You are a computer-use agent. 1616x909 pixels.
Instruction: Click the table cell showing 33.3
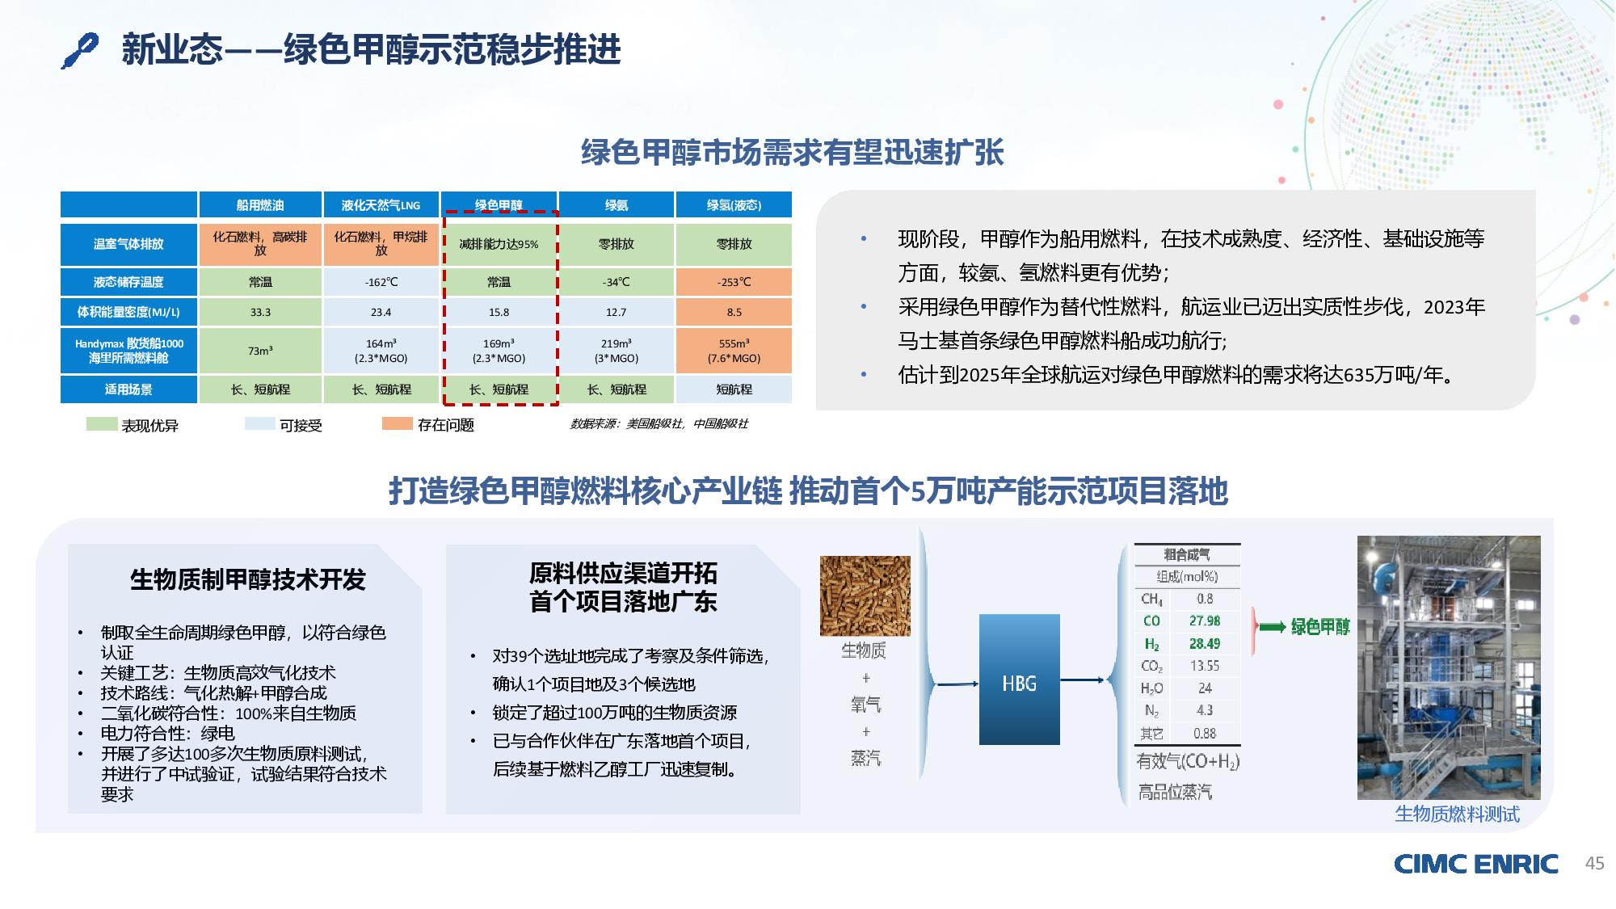[260, 312]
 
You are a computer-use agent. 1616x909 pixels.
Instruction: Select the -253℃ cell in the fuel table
[734, 282]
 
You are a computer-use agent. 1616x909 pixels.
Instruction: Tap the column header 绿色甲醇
[499, 205]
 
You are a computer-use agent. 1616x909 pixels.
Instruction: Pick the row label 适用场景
[128, 389]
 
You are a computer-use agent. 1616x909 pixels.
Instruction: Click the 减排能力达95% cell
[499, 244]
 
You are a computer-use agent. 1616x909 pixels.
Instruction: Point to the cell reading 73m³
[260, 351]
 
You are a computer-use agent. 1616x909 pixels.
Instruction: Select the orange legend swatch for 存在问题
[397, 423]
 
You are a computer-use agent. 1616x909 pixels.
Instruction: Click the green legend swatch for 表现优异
[102, 423]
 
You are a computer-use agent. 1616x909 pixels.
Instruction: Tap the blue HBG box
[1019, 680]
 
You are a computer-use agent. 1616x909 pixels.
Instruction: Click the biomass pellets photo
[865, 595]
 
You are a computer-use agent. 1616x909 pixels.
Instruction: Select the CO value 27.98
[1204, 621]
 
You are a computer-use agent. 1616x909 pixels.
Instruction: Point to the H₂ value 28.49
[1204, 643]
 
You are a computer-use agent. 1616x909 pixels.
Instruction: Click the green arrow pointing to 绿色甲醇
[1273, 627]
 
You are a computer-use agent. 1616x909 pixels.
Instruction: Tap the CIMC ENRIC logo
[1475, 864]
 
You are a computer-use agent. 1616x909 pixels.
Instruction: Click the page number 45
[1594, 864]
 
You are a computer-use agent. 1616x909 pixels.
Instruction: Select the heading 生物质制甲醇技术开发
[247, 579]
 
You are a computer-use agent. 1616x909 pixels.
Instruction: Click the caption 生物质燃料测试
[1457, 814]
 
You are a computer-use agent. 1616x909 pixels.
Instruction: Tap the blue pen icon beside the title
[80, 51]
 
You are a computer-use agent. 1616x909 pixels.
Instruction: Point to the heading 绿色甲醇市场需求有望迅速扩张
[792, 152]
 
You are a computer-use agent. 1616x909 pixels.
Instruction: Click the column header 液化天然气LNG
[381, 205]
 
